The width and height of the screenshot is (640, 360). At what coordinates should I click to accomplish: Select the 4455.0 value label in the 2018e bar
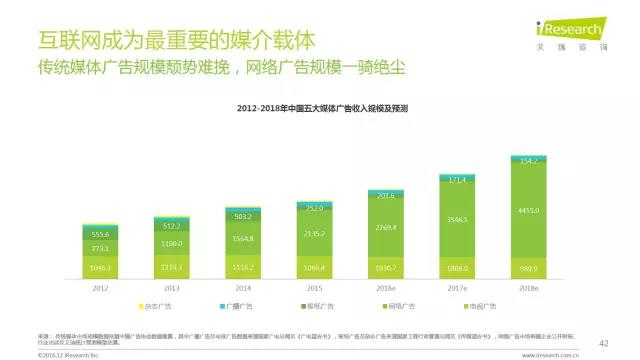pyautogui.click(x=529, y=210)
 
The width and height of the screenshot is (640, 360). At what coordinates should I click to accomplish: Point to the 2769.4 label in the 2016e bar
pyautogui.click(x=386, y=228)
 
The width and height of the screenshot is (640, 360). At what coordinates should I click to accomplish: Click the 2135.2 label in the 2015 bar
pyautogui.click(x=314, y=234)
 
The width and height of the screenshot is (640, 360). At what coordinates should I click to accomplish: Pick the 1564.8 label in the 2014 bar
pyautogui.click(x=242, y=239)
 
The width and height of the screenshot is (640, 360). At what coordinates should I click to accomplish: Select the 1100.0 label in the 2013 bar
pyautogui.click(x=171, y=244)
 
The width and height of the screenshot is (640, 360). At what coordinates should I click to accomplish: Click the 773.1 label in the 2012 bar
pyautogui.click(x=99, y=247)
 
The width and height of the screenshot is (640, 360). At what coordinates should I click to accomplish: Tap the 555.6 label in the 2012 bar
pyautogui.click(x=99, y=233)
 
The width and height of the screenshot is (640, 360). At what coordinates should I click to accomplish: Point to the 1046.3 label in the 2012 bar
pyautogui.click(x=99, y=268)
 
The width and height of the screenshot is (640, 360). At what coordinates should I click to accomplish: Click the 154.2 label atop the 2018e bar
pyautogui.click(x=529, y=160)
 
